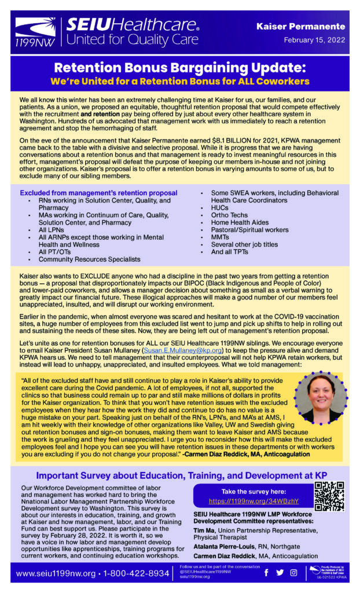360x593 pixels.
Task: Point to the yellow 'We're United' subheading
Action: click(x=179, y=81)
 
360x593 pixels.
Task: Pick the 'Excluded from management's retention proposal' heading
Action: click(x=98, y=193)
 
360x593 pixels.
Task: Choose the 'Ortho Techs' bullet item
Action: click(x=229, y=215)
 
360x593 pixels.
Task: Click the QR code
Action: click(x=329, y=496)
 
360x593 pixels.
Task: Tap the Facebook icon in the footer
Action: click(x=266, y=573)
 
